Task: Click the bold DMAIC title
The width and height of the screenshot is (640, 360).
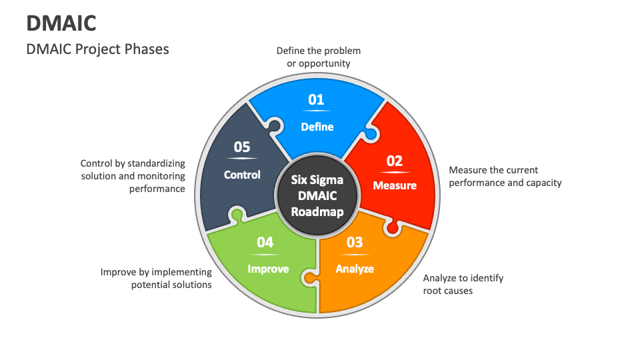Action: pos(61,23)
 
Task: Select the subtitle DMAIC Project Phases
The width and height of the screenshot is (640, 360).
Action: pos(97,49)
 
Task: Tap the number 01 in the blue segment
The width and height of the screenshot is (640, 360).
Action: pos(316,100)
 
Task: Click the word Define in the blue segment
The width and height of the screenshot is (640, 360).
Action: pos(317,127)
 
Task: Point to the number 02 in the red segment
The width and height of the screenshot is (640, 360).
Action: pos(395,161)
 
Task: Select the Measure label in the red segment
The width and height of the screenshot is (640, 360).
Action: pos(395,185)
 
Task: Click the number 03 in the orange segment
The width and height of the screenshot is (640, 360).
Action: pos(355,243)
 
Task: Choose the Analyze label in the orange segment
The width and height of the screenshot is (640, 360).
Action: pos(355,269)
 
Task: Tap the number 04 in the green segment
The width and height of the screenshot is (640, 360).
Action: pos(265,243)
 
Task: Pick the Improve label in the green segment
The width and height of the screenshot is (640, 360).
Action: pos(268,269)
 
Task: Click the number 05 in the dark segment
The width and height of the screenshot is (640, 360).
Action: pos(242,147)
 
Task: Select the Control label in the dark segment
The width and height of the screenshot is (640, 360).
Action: pos(242,175)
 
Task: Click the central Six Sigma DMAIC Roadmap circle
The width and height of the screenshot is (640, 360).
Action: pos(317,195)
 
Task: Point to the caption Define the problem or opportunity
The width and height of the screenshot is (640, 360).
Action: pos(319,57)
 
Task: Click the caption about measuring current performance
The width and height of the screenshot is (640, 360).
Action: pos(505,176)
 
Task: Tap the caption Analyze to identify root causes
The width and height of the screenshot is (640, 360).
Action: pos(463,284)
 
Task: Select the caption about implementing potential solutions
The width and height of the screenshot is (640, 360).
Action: pos(156,278)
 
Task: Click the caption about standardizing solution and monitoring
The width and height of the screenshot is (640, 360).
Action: pos(133,176)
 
